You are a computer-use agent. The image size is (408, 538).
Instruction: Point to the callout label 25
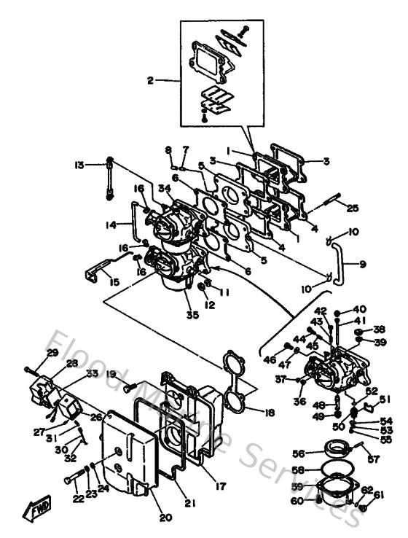pos(353,208)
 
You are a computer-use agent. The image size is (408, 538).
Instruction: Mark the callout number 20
pos(165,518)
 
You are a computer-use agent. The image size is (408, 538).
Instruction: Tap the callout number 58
pos(299,470)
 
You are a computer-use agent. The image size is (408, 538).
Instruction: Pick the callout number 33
pos(91,374)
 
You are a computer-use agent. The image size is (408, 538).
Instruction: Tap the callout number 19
pos(111,374)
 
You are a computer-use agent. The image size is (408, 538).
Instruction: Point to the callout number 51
pos(384,398)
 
